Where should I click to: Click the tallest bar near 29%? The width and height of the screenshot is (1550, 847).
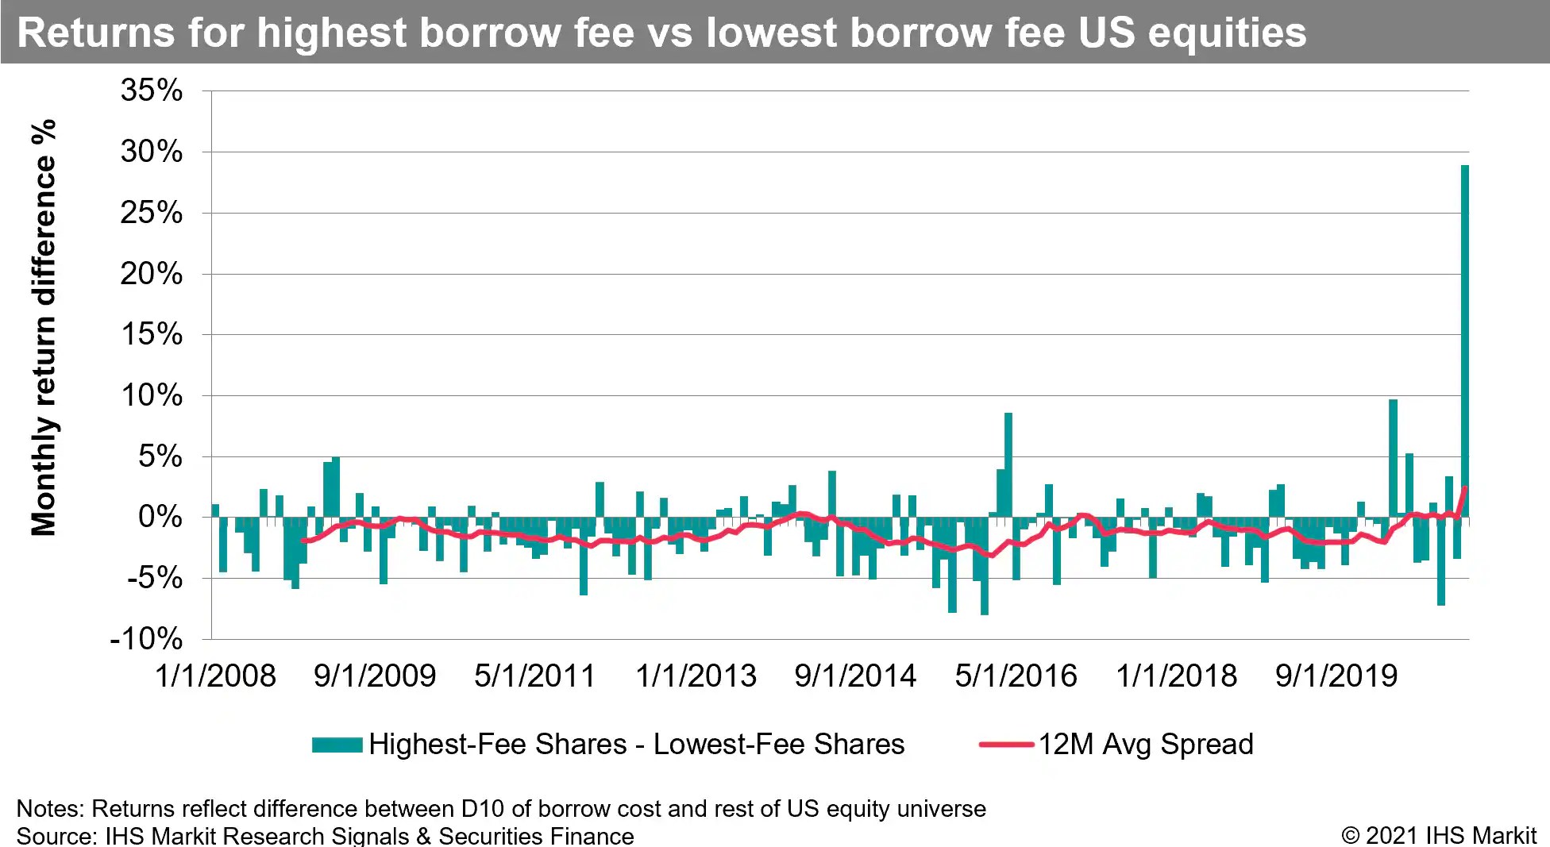click(x=1464, y=341)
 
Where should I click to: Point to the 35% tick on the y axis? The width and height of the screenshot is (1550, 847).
click(x=151, y=90)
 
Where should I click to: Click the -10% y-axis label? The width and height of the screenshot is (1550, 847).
click(x=146, y=639)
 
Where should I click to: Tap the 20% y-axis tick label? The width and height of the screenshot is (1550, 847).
click(x=151, y=275)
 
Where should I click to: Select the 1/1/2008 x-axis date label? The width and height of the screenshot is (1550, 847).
click(x=215, y=676)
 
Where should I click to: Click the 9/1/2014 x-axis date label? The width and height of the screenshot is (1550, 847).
click(x=855, y=676)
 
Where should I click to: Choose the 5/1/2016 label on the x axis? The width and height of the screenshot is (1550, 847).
click(x=1016, y=676)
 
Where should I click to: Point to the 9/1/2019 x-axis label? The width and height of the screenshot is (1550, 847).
click(x=1336, y=676)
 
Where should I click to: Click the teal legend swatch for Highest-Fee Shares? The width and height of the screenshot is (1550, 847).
click(x=337, y=745)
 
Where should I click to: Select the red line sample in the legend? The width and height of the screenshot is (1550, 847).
click(x=1006, y=745)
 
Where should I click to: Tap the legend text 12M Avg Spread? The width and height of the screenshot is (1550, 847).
click(x=1146, y=745)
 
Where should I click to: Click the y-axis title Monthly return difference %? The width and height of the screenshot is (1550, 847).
click(x=44, y=327)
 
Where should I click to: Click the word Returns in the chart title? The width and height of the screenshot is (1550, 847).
click(x=95, y=33)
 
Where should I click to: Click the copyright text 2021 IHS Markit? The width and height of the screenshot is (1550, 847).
click(x=1450, y=835)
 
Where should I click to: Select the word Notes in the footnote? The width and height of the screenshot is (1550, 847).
click(x=49, y=809)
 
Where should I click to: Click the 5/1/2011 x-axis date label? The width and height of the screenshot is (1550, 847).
click(x=534, y=676)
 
